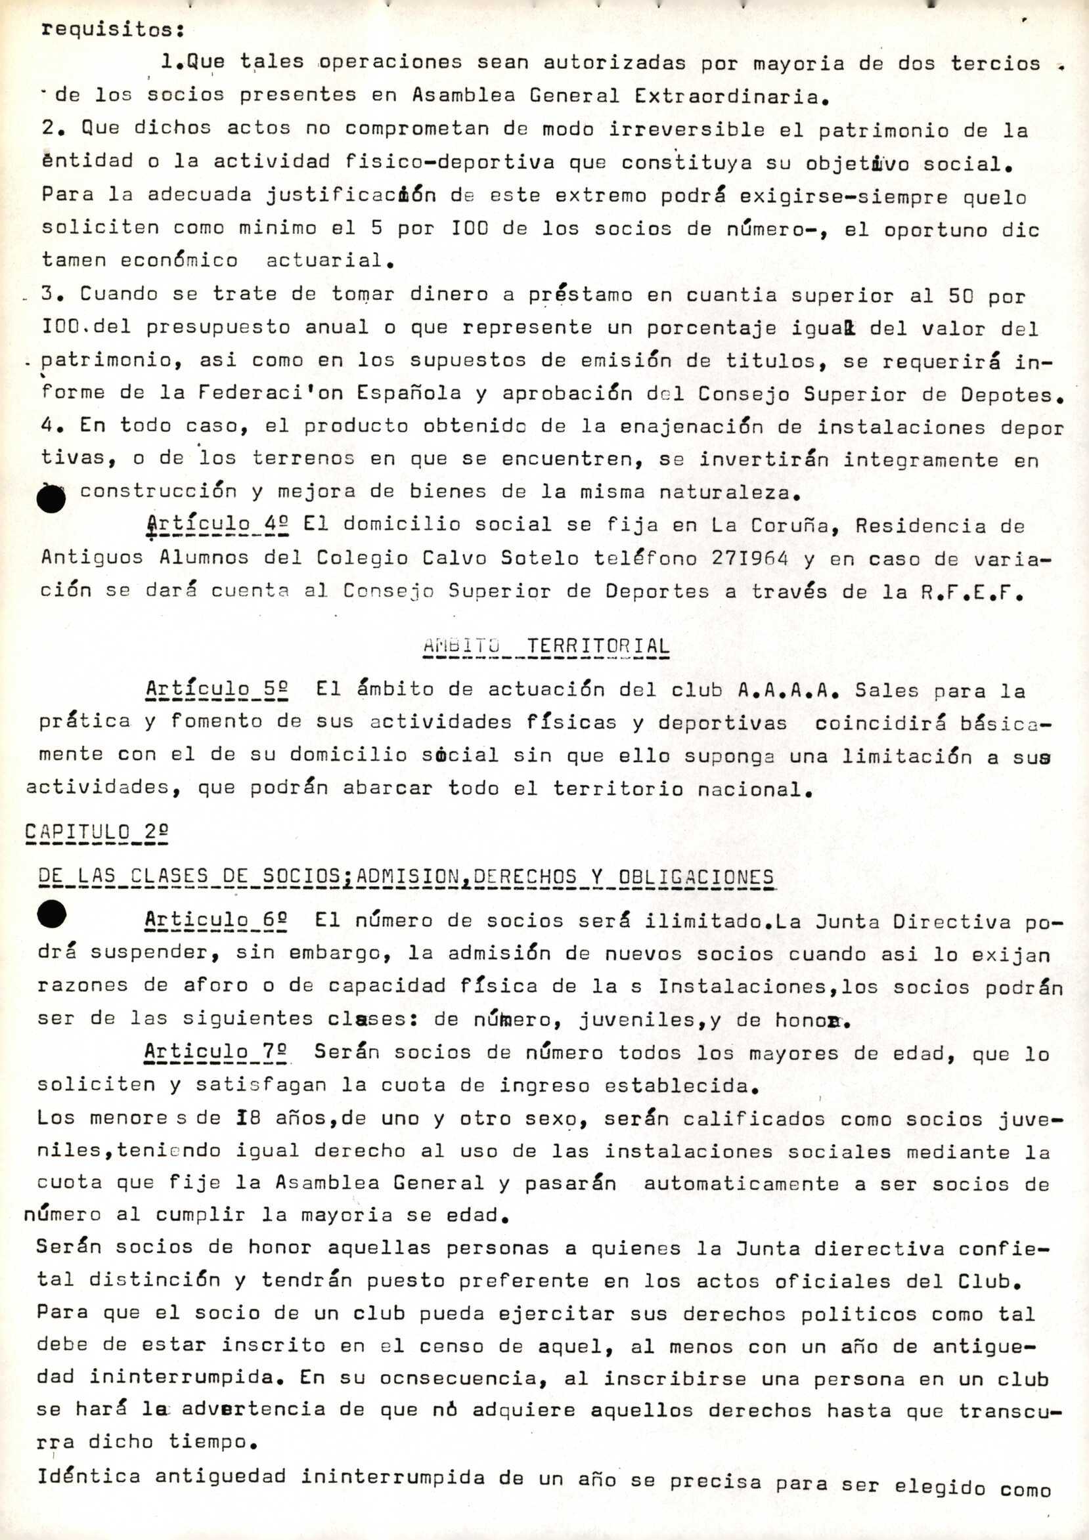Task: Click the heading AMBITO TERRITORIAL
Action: point(546,647)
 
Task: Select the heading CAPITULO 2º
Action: point(96,832)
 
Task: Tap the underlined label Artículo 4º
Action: point(217,525)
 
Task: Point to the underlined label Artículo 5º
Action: point(217,689)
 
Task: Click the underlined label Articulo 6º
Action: point(215,920)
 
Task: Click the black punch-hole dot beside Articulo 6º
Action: point(52,914)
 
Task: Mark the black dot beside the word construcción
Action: point(52,500)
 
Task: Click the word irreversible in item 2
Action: point(686,129)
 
